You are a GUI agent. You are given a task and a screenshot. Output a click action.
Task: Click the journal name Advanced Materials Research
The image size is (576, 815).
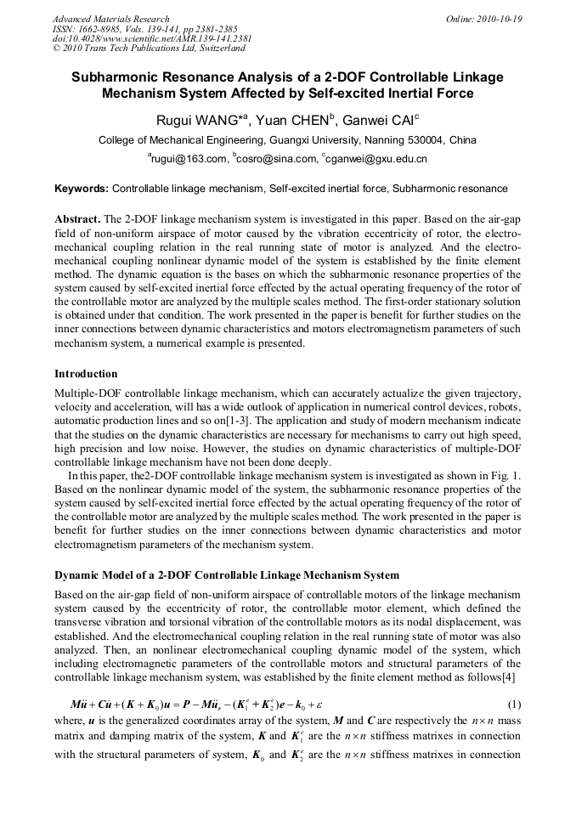coord(110,19)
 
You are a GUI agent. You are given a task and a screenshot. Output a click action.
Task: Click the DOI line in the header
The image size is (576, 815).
coord(152,39)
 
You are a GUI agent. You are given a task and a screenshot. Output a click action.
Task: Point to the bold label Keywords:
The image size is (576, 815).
coord(82,189)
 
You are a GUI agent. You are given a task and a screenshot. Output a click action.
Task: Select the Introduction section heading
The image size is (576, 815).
coord(86,373)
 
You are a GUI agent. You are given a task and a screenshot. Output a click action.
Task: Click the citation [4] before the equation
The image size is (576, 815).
coord(513,678)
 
